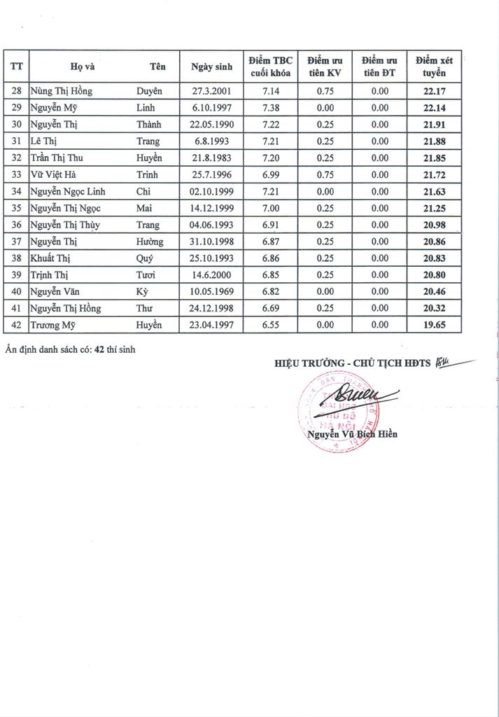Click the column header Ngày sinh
(211, 67)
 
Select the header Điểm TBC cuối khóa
(270, 67)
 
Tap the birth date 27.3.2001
(211, 91)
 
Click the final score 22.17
(435, 91)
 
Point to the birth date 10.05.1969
(211, 292)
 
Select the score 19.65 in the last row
(435, 326)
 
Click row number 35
(17, 208)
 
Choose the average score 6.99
(270, 174)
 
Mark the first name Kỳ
(143, 292)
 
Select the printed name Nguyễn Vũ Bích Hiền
(352, 434)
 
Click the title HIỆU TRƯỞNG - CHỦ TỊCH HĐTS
(353, 363)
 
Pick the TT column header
(17, 67)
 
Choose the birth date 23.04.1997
(211, 326)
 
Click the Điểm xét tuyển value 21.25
(435, 208)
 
